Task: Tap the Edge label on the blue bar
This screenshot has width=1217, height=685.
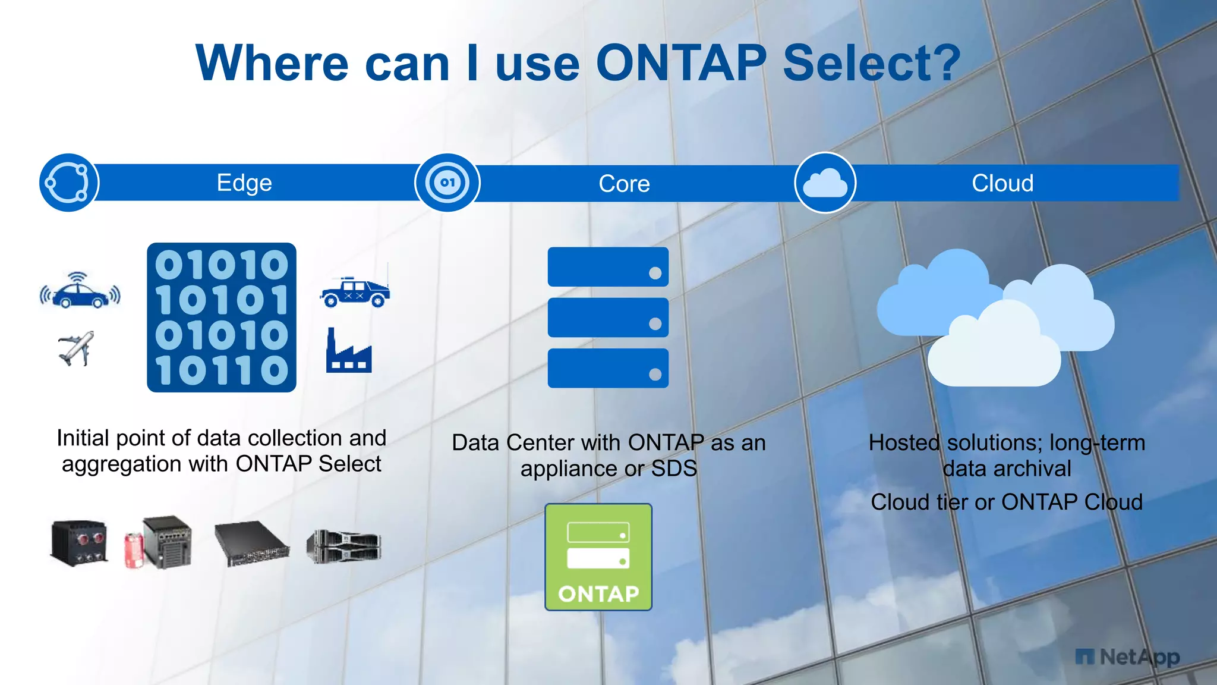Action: (244, 183)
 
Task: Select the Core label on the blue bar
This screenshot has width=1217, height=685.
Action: (624, 183)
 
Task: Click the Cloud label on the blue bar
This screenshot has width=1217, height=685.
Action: (1002, 183)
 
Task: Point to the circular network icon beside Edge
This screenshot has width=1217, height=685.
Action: (68, 183)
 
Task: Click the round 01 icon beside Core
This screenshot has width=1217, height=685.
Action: (447, 183)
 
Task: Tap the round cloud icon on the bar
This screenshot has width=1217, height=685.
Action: (825, 183)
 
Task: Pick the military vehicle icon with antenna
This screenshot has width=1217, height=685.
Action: (355, 291)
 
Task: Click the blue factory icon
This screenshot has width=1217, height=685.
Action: (349, 352)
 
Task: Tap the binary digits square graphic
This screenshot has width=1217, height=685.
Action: (222, 317)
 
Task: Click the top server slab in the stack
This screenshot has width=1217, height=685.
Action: (608, 267)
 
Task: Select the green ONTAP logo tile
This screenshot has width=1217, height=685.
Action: (598, 557)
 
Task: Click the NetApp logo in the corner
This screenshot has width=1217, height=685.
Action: (1127, 657)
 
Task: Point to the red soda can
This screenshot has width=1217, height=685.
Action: (133, 551)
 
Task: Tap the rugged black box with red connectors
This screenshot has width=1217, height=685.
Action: (80, 542)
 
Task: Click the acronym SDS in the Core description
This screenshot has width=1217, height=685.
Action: (674, 469)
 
